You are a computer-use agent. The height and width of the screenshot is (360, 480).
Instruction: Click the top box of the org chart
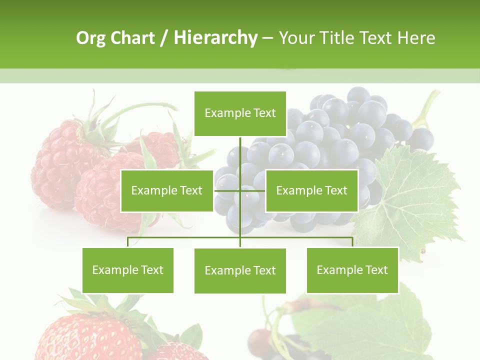tap(240, 113)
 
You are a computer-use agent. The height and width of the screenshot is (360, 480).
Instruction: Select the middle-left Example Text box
tap(166, 190)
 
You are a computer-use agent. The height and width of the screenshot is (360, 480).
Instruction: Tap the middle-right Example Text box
tap(311, 190)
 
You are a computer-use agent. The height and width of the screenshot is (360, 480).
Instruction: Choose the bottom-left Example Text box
tap(128, 270)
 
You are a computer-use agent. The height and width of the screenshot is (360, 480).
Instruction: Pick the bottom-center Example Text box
tap(240, 270)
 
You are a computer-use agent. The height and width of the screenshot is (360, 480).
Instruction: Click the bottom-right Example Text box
tap(352, 270)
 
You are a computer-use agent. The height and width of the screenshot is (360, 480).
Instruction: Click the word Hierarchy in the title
tap(215, 38)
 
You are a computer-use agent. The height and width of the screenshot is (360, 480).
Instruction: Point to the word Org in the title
tap(91, 38)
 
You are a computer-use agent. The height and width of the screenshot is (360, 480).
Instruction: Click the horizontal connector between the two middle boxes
tap(240, 190)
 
